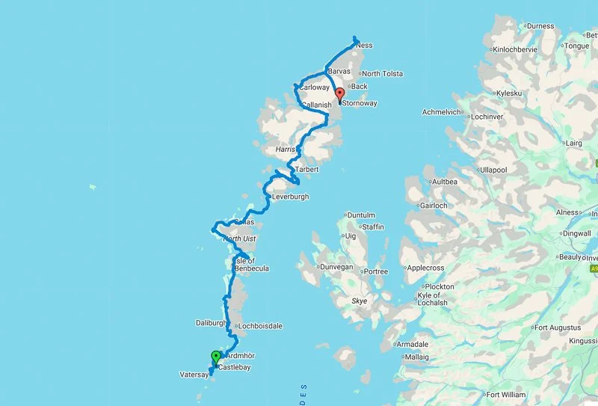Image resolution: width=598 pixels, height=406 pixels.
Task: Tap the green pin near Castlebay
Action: coord(216,357)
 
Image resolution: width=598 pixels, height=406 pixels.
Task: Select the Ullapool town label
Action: coord(493,170)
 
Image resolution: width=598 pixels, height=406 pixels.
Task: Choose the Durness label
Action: coord(540,26)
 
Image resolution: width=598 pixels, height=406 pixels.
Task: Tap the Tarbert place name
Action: coord(306,170)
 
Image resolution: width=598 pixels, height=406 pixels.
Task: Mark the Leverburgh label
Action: coord(290,197)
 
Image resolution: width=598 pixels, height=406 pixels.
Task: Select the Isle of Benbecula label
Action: coord(250,264)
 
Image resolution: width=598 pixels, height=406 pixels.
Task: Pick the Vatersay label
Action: coord(193,375)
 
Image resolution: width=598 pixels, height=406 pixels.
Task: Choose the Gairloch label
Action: coord(434,205)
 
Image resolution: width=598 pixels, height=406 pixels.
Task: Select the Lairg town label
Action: coord(573,141)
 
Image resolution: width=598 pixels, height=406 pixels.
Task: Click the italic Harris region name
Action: coord(286,150)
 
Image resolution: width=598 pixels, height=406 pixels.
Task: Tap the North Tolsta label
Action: coord(382,74)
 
